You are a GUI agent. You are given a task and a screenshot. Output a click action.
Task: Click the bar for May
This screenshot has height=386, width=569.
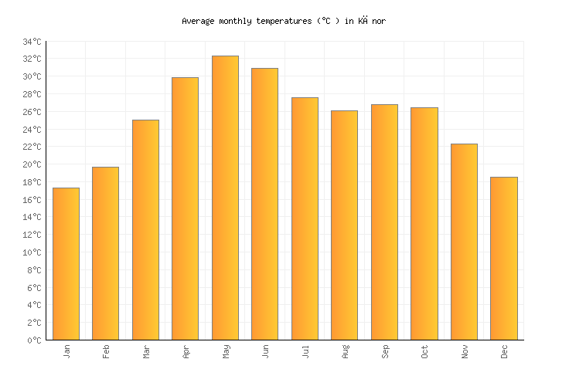225,198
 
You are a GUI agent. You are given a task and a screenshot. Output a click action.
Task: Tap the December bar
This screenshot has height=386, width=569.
504,259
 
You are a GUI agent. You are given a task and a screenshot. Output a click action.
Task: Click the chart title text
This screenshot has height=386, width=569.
284,22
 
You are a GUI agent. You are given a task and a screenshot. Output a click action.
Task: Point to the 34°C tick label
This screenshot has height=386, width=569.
32,42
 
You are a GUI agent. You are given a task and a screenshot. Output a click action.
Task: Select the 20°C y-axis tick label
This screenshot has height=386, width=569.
32,164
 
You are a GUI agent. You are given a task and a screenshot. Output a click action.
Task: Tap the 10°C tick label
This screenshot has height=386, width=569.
32,252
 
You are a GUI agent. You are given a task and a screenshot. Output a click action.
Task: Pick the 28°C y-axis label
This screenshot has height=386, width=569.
32,94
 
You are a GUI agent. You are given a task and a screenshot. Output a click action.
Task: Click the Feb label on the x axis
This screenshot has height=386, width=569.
106,351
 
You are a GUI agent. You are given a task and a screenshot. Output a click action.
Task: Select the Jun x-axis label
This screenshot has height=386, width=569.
265,351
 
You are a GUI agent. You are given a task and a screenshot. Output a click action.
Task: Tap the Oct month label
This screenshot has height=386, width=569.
424,351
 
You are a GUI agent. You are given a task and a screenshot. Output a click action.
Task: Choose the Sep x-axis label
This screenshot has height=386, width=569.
385,351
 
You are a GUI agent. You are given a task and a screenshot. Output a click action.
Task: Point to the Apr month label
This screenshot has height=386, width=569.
186,351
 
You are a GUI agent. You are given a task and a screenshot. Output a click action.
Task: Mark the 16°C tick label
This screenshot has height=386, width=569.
32,200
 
